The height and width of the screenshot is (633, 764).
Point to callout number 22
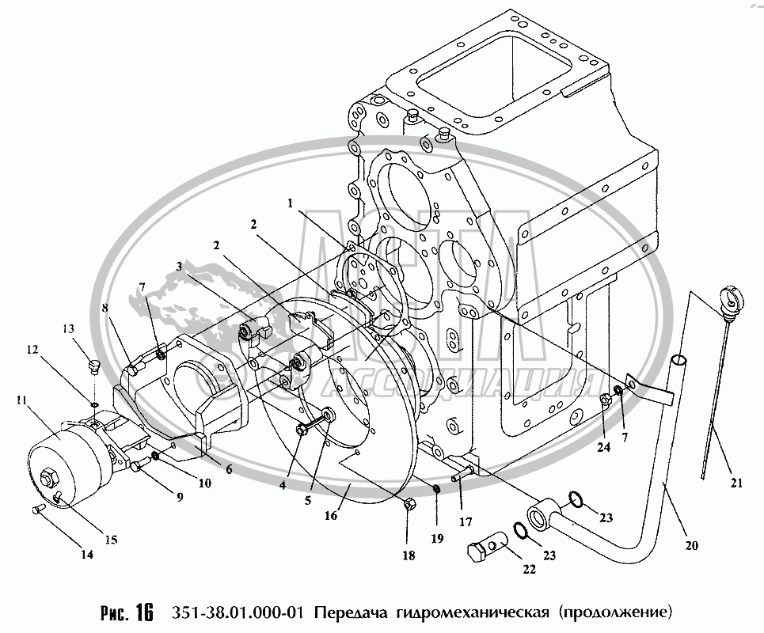pos(528,569)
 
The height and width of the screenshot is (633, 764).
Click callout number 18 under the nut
pos(409,556)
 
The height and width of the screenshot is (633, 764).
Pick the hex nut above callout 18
pos(409,504)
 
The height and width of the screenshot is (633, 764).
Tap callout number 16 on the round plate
pos(330,515)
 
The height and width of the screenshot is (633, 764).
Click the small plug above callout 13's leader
pos(92,366)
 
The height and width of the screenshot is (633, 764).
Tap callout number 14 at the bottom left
pos(86,555)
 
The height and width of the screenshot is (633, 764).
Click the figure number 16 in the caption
pos(143,612)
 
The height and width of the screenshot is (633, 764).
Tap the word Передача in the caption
pos(347,612)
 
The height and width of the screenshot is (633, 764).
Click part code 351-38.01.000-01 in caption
pos(234,612)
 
